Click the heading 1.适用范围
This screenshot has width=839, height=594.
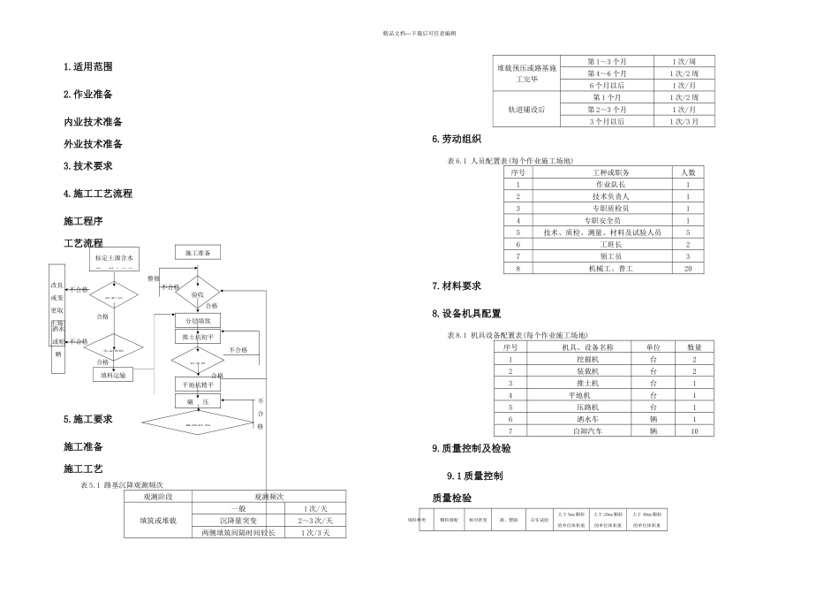click(x=88, y=67)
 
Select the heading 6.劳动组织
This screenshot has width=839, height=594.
click(x=457, y=140)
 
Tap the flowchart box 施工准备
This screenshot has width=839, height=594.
click(x=199, y=253)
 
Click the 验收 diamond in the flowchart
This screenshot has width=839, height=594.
click(x=197, y=294)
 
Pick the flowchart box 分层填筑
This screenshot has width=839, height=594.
click(x=197, y=320)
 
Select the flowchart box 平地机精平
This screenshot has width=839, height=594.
click(x=197, y=385)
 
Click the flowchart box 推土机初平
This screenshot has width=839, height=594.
click(x=197, y=338)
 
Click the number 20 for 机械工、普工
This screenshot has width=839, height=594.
click(x=687, y=268)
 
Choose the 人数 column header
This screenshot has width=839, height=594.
click(x=687, y=171)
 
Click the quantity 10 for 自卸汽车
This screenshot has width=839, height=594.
click(x=695, y=430)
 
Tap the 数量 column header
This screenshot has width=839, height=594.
click(x=695, y=347)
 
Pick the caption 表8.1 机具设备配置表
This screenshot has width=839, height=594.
click(x=510, y=335)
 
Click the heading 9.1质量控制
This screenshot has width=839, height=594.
click(x=475, y=476)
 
